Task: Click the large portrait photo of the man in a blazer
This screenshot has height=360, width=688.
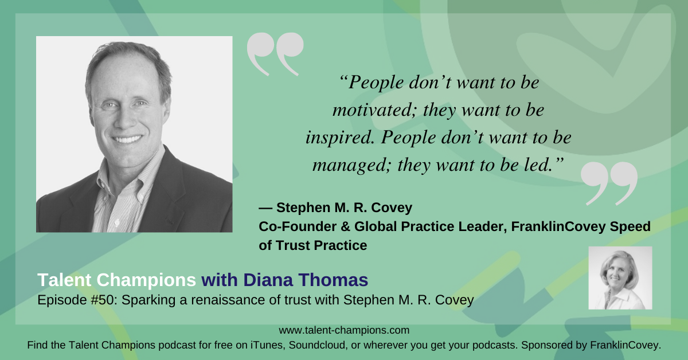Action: click(x=134, y=134)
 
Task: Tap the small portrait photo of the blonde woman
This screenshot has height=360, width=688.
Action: click(x=620, y=278)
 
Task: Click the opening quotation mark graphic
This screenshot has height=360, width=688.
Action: click(x=275, y=54)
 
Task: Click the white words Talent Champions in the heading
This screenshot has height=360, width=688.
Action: click(x=116, y=280)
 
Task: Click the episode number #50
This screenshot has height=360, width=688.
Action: click(x=87, y=300)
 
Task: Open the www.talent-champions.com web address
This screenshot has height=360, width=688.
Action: click(x=344, y=330)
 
